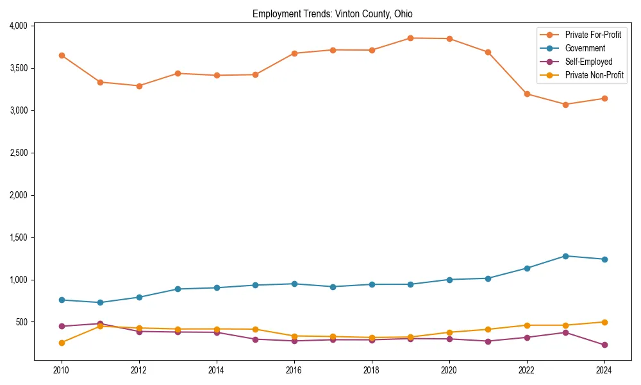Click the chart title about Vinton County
(x=332, y=13)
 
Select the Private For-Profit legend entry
(x=593, y=35)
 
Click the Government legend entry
(x=585, y=48)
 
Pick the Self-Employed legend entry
(x=588, y=62)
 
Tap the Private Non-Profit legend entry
(x=594, y=75)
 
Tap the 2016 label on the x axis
(x=294, y=370)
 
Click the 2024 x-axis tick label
(x=604, y=370)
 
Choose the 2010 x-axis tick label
(x=62, y=370)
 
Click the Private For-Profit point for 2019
(x=410, y=38)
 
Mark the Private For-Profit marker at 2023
(x=565, y=105)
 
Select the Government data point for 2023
(x=565, y=256)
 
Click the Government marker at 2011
(x=100, y=302)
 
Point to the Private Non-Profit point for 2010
(x=62, y=343)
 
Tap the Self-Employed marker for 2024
(x=604, y=345)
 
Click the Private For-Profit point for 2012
(x=139, y=85)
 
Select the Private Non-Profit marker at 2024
(x=604, y=322)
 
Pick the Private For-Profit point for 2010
(x=62, y=55)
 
